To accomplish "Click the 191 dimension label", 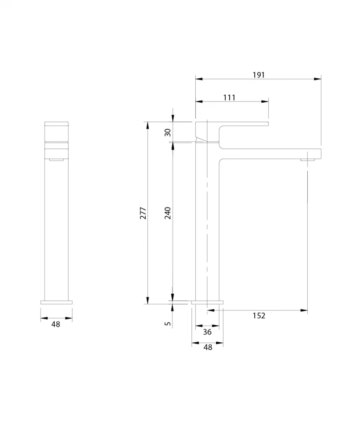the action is tap(259, 75).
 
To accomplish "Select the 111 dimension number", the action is tap(229, 98).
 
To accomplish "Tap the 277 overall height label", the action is tap(143, 213).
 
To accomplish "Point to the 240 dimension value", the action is tap(168, 213).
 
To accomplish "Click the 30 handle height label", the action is tap(168, 132).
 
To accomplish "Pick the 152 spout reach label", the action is tap(259, 316).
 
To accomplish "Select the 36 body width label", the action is tap(207, 332).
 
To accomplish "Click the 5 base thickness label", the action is tap(168, 324).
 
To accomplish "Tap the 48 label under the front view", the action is tap(56, 325).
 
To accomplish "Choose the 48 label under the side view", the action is tap(208, 347).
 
